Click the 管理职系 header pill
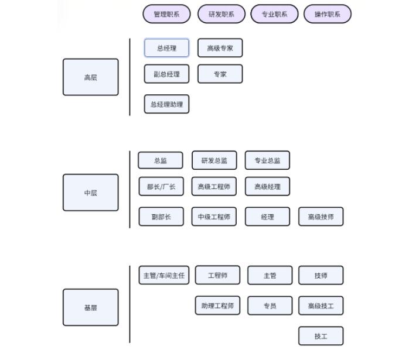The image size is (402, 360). [166, 15]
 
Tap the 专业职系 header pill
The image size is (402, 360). [274, 15]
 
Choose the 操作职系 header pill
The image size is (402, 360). [327, 15]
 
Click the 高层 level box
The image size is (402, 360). [90, 77]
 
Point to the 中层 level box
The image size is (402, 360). [90, 193]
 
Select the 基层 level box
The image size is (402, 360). [90, 307]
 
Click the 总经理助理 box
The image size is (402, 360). [166, 104]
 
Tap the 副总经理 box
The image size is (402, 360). [166, 74]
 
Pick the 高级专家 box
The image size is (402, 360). [220, 48]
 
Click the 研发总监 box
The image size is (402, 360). [214, 160]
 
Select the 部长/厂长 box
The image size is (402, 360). [161, 187]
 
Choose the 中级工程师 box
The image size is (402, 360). [214, 217]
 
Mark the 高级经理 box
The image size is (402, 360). [267, 187]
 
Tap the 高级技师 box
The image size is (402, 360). [321, 217]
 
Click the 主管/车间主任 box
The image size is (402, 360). [163, 275]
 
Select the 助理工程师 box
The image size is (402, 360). [217, 306]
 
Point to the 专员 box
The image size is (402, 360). [270, 306]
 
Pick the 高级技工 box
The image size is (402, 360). [321, 306]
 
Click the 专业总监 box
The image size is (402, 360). [267, 160]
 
